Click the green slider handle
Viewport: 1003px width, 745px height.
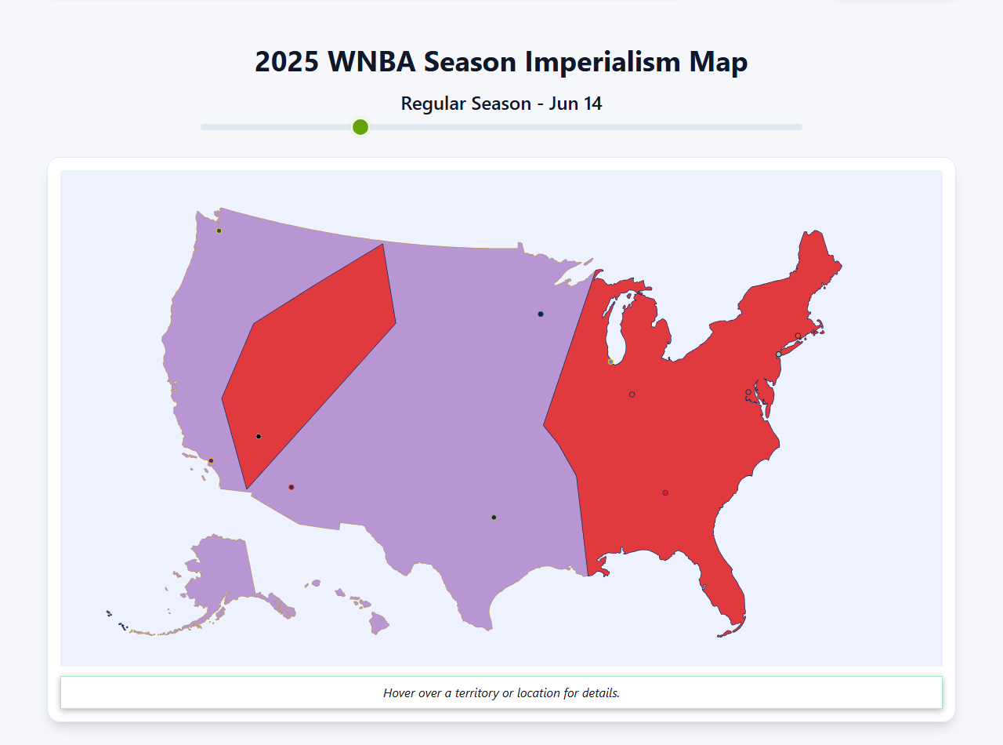click(360, 127)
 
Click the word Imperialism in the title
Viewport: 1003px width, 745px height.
click(602, 62)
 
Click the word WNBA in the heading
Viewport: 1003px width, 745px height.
click(372, 62)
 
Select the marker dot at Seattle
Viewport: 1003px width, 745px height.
click(219, 231)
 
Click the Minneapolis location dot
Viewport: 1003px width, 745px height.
click(541, 314)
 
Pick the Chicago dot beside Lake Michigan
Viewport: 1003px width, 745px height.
click(610, 362)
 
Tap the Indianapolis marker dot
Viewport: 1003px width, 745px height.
click(632, 394)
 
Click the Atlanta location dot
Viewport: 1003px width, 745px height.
click(665, 493)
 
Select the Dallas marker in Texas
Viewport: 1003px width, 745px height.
click(494, 518)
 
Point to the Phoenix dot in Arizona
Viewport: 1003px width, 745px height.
click(291, 487)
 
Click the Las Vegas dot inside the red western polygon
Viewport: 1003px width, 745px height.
click(259, 436)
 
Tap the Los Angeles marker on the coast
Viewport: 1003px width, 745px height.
click(211, 461)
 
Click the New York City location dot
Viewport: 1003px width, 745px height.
click(778, 354)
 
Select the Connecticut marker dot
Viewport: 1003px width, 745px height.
click(798, 336)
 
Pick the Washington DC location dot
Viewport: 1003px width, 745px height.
click(748, 392)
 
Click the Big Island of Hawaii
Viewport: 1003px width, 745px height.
click(380, 624)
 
